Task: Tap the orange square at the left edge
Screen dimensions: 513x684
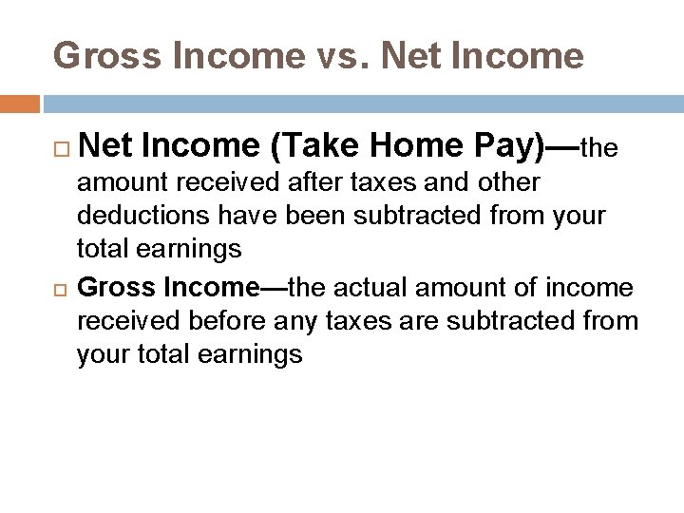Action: point(20,104)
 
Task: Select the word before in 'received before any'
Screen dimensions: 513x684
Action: point(226,321)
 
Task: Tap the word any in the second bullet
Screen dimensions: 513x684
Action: point(297,321)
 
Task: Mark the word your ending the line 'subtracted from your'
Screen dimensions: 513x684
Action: point(576,216)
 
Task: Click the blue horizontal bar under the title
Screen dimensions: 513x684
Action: point(361,104)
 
